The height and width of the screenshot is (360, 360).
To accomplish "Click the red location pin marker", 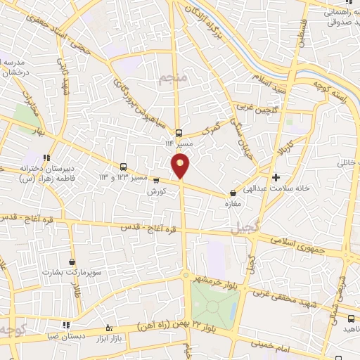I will (x=181, y=166).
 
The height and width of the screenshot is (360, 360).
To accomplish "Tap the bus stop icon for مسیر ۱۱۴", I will (x=179, y=132).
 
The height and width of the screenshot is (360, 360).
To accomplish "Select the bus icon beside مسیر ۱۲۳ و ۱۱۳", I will (x=124, y=167).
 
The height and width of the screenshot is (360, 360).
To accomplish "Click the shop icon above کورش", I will (x=155, y=180).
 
